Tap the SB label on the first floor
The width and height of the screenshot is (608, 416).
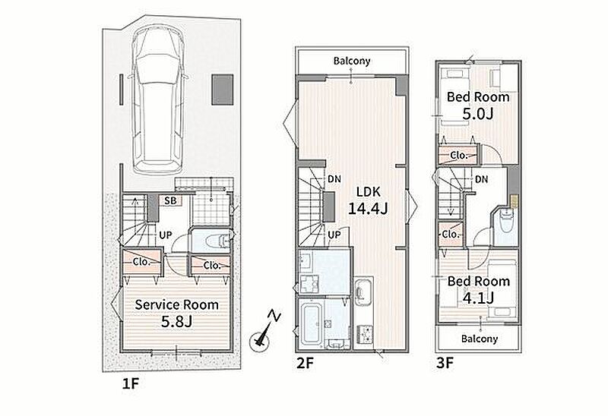click(170, 200)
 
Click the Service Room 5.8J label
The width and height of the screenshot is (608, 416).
click(177, 313)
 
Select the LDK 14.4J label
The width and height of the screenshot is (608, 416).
click(368, 200)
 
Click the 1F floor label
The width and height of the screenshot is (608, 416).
click(130, 383)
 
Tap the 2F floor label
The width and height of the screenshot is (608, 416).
click(305, 364)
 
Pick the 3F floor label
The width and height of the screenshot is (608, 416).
click(445, 364)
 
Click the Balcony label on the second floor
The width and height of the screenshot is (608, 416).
click(352, 61)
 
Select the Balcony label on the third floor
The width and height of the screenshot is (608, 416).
click(480, 339)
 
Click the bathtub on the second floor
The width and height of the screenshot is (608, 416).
click(311, 324)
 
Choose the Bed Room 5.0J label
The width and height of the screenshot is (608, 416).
click(478, 105)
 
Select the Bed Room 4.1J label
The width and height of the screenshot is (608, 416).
click(479, 289)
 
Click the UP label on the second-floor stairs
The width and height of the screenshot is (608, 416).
click(334, 235)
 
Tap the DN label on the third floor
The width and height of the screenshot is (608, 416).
click(481, 179)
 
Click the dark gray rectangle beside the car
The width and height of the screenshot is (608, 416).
click(222, 90)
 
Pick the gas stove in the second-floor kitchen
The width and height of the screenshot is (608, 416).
click(364, 333)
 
